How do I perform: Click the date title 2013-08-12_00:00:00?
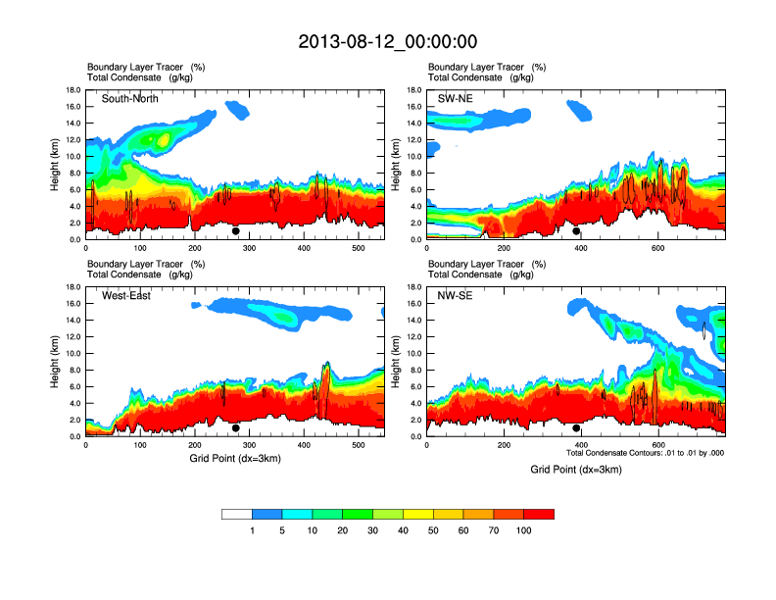tap(387, 41)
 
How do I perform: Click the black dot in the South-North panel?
tap(235, 231)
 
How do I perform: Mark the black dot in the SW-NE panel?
tap(576, 231)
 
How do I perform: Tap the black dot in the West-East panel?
tap(235, 428)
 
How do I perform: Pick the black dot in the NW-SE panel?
tap(576, 428)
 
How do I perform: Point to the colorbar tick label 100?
tap(523, 530)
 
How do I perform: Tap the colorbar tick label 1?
tap(252, 530)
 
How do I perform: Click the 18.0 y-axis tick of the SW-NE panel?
tap(413, 90)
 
